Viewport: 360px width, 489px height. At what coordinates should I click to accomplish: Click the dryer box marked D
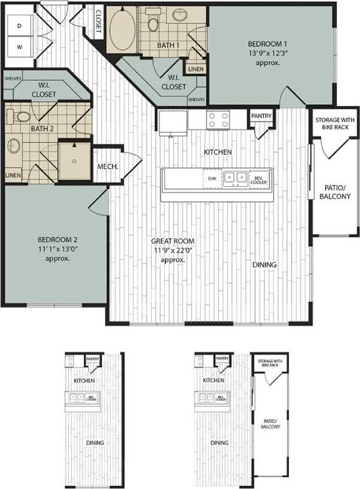click(x=20, y=26)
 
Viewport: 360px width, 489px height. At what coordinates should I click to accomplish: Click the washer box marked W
click(x=20, y=46)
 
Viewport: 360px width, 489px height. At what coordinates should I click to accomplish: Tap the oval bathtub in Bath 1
click(x=122, y=29)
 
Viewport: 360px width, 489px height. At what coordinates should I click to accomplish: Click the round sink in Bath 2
click(x=14, y=145)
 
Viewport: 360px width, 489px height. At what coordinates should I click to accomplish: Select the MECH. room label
click(x=108, y=166)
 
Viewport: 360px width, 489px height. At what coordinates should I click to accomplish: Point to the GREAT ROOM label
click(x=173, y=241)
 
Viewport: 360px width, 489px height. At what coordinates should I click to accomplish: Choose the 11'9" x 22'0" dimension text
click(x=173, y=251)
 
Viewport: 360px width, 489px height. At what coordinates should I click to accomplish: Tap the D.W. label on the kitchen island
click(x=211, y=178)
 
